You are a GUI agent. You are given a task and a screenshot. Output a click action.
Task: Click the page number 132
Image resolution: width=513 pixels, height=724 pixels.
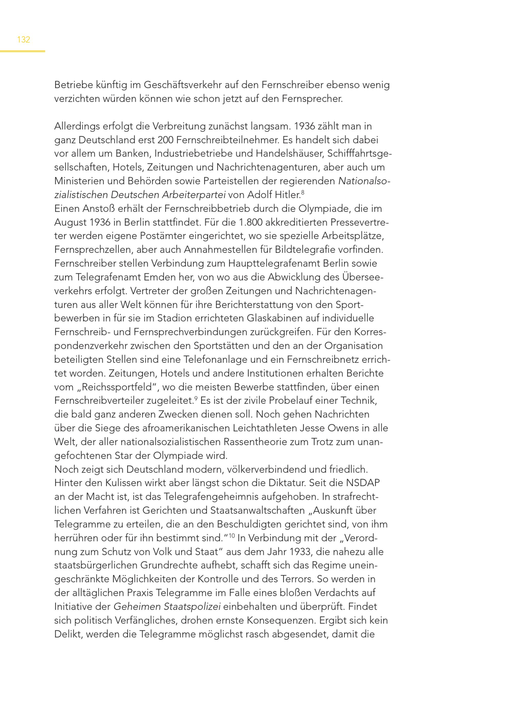tap(24, 40)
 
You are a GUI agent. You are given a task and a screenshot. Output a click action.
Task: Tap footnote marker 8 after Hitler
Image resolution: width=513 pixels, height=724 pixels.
tap(303, 192)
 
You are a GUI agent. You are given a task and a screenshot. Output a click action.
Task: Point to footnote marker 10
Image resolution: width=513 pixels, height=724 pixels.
tap(232, 535)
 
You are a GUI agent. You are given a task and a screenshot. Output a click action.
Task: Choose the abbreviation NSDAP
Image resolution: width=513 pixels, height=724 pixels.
tap(363, 483)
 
